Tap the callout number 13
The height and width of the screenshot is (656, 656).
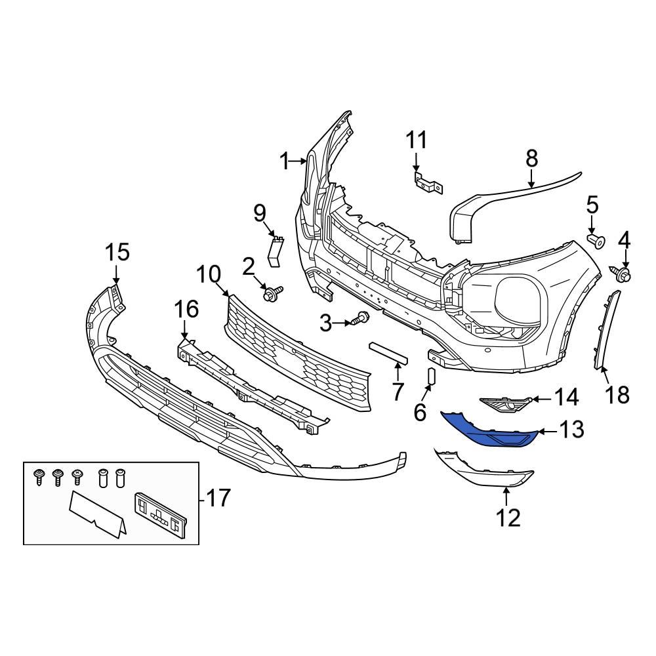[571, 430]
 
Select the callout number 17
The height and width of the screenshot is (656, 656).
[218, 498]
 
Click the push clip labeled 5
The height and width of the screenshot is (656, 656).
[597, 241]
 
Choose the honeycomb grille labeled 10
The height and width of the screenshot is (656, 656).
[298, 354]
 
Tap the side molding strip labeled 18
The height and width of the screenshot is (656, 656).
[609, 331]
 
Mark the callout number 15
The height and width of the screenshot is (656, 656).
[118, 253]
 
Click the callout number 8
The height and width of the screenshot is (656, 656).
[531, 158]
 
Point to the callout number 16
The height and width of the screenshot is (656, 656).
[186, 308]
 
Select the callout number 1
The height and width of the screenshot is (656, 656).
[284, 161]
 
